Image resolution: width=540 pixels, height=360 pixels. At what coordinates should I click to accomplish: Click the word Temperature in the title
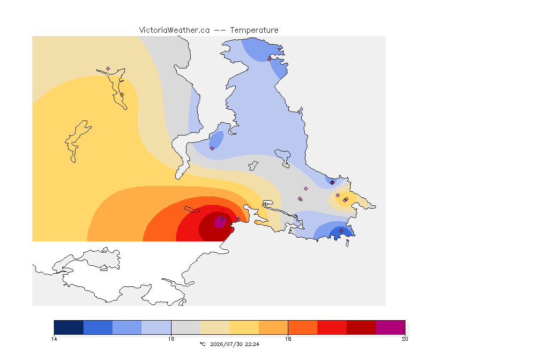254,30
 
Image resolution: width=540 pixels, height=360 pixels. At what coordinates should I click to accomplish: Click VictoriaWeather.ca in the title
174,30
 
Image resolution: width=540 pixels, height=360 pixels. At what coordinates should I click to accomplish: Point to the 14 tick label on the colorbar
54,339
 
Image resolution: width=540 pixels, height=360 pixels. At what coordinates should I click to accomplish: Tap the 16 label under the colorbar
171,339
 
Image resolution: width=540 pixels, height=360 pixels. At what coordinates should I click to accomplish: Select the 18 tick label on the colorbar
288,339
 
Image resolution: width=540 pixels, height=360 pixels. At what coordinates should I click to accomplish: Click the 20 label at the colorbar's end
405,339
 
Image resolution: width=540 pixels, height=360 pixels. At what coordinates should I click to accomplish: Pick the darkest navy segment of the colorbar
69,327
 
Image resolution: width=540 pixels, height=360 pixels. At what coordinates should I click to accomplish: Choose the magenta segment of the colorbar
390,327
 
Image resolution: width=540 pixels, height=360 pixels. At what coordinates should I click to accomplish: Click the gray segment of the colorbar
186,327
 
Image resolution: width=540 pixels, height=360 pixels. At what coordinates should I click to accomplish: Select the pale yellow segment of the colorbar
215,327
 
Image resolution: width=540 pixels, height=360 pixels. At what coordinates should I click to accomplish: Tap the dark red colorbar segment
361,327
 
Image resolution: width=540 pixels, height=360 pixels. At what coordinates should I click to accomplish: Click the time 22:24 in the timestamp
252,344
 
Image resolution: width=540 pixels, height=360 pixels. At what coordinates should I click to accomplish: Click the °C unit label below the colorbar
202,344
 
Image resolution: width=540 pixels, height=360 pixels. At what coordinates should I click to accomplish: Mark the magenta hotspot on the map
220,222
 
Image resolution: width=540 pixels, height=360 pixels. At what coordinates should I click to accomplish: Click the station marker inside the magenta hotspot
223,219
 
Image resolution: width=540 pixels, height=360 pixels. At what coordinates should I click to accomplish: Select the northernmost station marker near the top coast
270,59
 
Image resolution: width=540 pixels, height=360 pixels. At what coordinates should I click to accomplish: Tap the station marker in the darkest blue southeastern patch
341,231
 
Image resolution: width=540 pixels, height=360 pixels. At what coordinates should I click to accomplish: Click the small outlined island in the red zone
192,210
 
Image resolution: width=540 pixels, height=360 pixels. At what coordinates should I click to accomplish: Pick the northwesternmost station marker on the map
108,69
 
